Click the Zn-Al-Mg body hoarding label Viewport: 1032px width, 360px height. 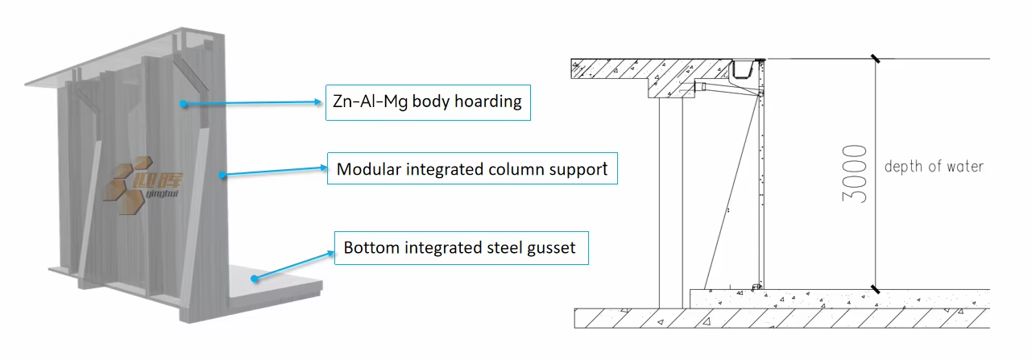click(428, 102)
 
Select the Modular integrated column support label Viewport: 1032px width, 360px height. click(471, 169)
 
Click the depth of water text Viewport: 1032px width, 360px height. click(934, 167)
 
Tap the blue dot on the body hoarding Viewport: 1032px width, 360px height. click(184, 104)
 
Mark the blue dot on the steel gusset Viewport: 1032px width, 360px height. click(255, 279)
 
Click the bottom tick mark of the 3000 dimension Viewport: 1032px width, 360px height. click(875, 288)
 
